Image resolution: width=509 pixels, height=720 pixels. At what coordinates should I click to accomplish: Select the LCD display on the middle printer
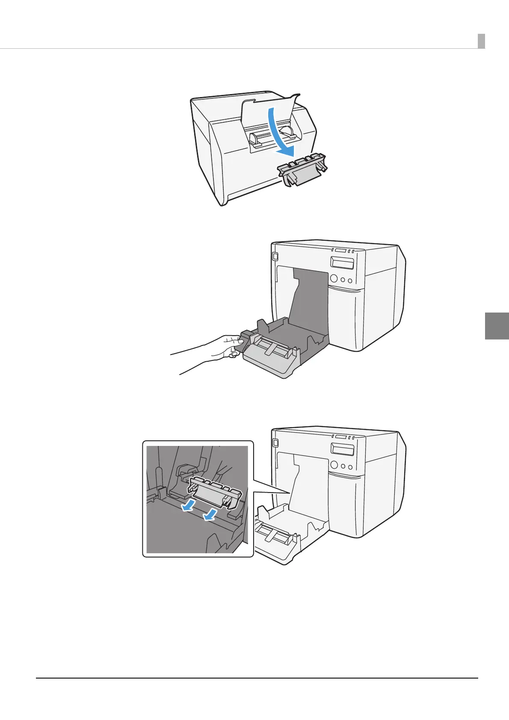coord(342,263)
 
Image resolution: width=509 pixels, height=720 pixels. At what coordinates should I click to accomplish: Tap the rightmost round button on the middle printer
coord(350,281)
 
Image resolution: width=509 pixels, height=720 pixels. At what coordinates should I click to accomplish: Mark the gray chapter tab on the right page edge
coord(497,326)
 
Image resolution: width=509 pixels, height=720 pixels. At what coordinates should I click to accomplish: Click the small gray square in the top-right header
coord(481,41)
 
